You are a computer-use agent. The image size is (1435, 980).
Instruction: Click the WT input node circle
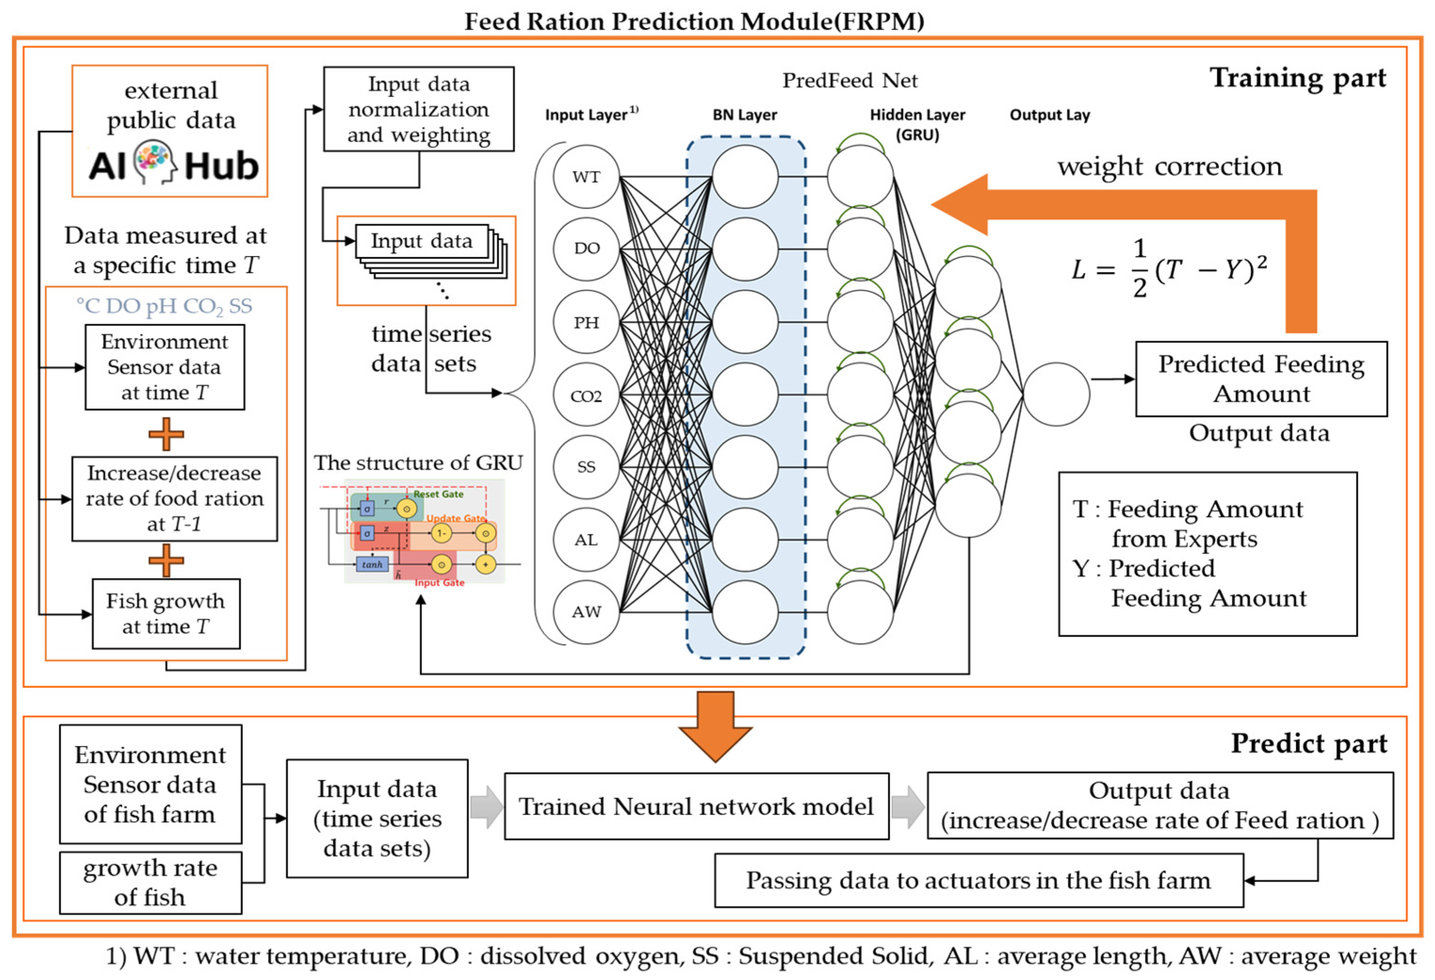pyautogui.click(x=585, y=177)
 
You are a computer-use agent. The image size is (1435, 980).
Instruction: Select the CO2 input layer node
pyautogui.click(x=585, y=395)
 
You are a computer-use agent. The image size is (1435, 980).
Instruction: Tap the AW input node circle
pyautogui.click(x=585, y=611)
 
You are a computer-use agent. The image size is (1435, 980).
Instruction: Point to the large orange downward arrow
pyautogui.click(x=715, y=726)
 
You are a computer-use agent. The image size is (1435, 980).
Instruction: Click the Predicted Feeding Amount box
pyautogui.click(x=1261, y=379)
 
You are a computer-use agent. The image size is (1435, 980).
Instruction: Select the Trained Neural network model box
pyautogui.click(x=697, y=806)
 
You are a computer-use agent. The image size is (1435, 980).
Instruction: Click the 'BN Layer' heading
pyautogui.click(x=744, y=115)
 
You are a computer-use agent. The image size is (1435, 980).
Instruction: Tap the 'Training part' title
pyautogui.click(x=1298, y=79)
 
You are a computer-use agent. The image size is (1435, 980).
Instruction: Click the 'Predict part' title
pyautogui.click(x=1308, y=743)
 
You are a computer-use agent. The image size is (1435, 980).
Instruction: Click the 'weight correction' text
pyautogui.click(x=1169, y=167)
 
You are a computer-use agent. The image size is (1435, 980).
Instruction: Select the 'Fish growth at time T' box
pyautogui.click(x=165, y=613)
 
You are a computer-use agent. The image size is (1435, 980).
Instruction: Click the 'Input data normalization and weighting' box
pyautogui.click(x=419, y=109)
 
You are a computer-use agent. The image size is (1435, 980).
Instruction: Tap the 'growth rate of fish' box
pyautogui.click(x=150, y=883)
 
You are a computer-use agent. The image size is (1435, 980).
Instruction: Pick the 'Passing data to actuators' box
pyautogui.click(x=979, y=880)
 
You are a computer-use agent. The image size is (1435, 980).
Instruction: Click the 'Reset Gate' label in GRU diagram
pyautogui.click(x=438, y=494)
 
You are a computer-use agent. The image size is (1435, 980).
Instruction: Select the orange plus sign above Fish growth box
pyautogui.click(x=166, y=560)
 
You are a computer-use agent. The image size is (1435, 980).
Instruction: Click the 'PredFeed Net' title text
pyautogui.click(x=850, y=80)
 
